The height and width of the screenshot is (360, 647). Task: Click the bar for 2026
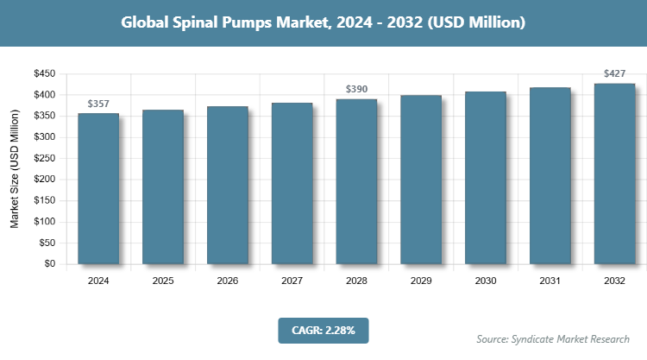coord(228,185)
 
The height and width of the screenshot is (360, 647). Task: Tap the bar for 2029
coord(421,180)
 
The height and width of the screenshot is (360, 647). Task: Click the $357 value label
coord(98,104)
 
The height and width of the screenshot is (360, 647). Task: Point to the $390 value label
coord(356,90)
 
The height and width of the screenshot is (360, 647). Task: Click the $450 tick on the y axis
coord(43,74)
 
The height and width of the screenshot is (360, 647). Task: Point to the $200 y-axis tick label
coord(43,180)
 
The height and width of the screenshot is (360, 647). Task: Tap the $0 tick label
coord(49,264)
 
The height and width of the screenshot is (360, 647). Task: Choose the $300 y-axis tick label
coord(43,137)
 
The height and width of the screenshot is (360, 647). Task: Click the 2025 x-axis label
coord(163,281)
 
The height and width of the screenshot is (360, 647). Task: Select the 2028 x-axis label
coord(356,281)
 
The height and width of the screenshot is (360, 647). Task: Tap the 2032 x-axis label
coord(614,281)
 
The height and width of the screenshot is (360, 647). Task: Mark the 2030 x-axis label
coord(485,281)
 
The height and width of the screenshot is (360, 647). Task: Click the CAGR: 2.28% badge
coord(323,330)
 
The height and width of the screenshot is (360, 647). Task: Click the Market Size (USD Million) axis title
coord(15,169)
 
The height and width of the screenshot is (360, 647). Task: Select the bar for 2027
coord(292,183)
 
